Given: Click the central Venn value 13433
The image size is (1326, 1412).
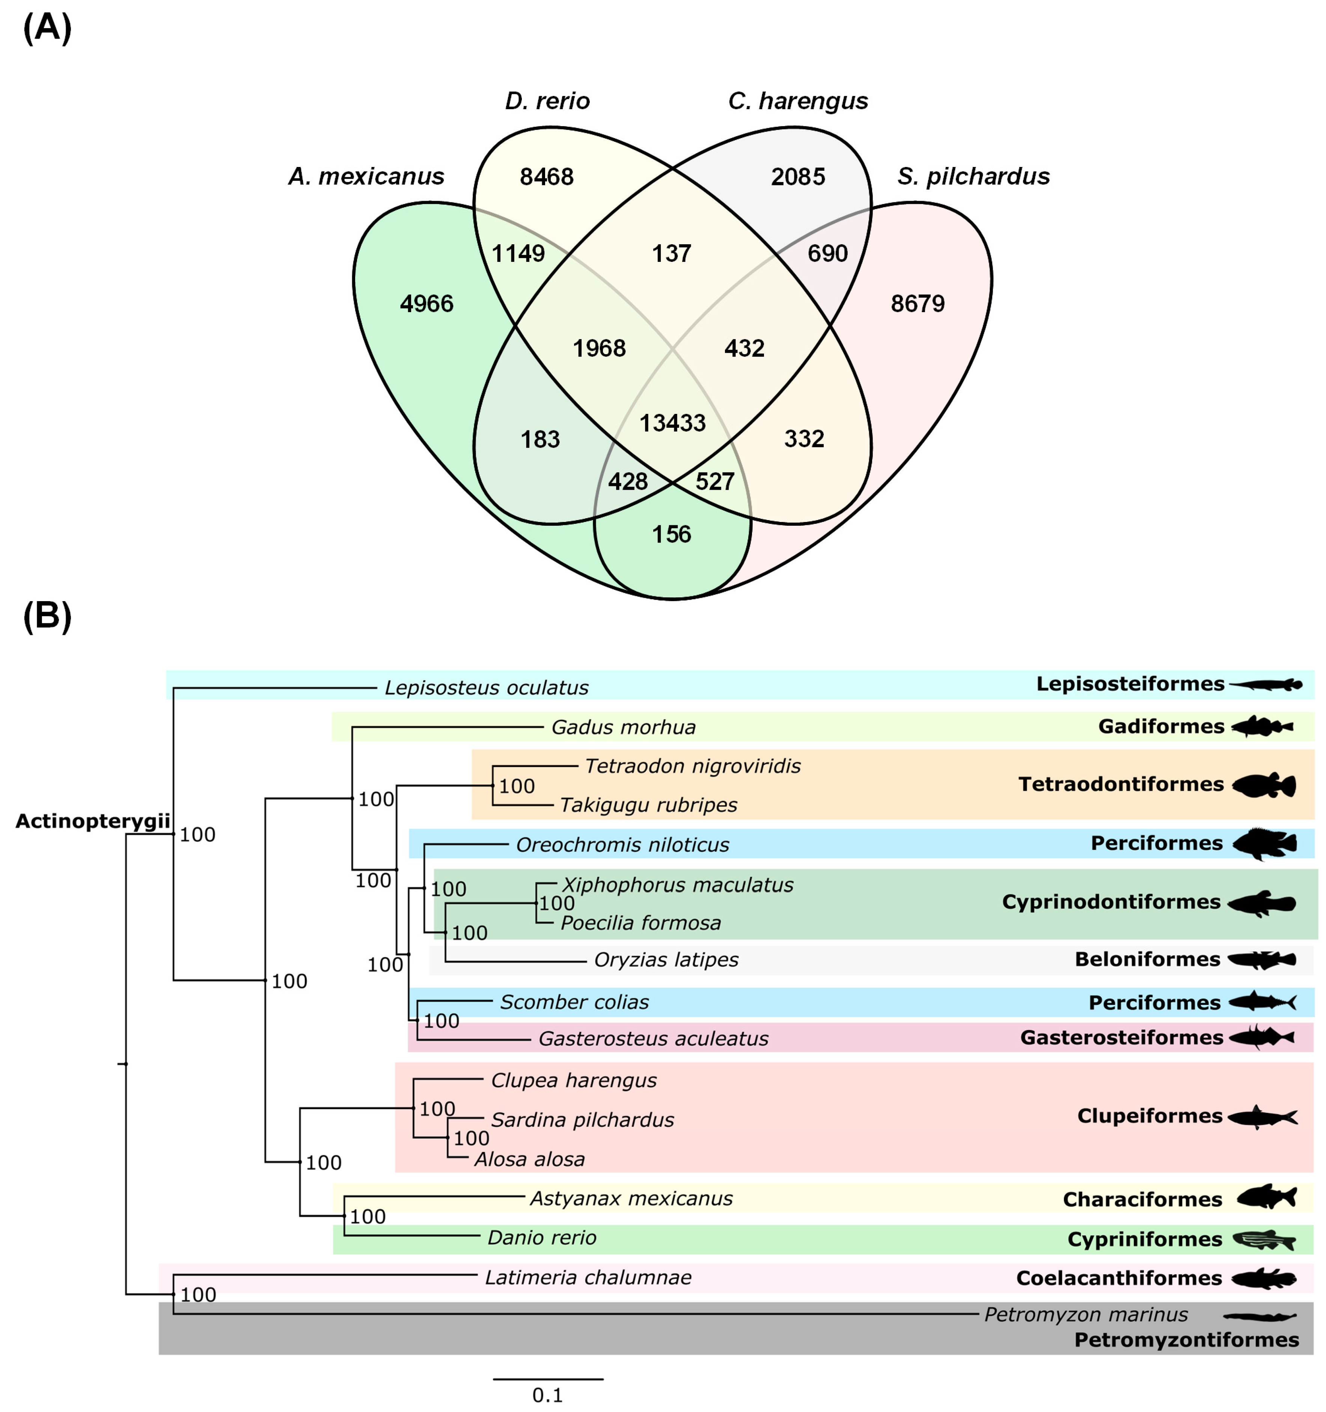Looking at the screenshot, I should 672,423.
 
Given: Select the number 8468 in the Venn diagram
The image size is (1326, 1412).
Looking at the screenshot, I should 547,177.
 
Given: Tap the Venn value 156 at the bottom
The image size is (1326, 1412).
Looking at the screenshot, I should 672,534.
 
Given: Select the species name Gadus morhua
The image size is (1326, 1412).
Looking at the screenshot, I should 623,727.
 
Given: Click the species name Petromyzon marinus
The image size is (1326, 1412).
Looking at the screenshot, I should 1085,1315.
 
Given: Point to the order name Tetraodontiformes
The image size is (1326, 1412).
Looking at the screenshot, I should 1121,784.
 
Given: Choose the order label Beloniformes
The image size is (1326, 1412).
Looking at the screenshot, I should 1147,959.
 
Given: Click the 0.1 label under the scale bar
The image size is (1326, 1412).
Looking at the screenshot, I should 547,1395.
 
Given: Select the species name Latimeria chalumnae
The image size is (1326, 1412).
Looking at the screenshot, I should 588,1278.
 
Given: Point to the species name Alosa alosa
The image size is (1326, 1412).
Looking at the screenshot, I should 529,1160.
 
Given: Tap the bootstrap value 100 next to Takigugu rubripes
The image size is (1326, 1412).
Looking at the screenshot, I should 517,786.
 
